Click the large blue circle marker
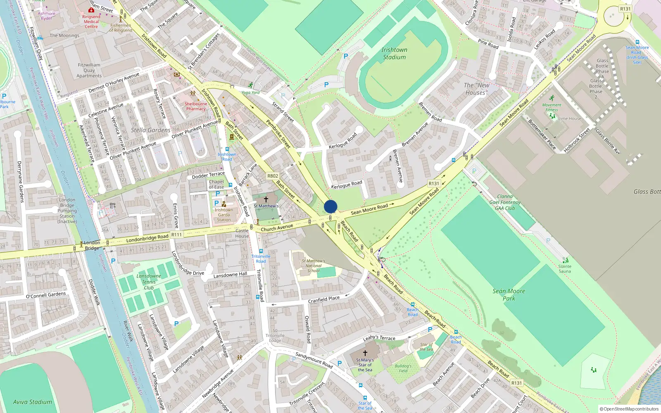[x=330, y=206]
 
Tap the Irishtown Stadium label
[x=394, y=53]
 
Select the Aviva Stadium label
[x=33, y=402]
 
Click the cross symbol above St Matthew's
[x=266, y=199]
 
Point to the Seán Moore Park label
[x=509, y=294]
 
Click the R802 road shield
[x=273, y=176]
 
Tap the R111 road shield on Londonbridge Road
[x=176, y=235]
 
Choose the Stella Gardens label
[x=150, y=130]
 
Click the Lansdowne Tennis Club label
[x=149, y=282]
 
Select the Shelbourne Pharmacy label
[x=196, y=106]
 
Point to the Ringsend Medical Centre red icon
[x=91, y=10]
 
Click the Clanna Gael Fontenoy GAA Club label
[x=505, y=202]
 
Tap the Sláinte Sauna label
[x=565, y=269]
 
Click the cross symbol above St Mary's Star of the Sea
[x=365, y=353]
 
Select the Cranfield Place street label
[x=324, y=299]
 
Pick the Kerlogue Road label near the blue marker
[x=347, y=185]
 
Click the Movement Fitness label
[x=552, y=107]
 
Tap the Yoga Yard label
[x=250, y=93]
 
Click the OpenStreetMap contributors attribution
[x=629, y=409]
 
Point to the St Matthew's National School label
[x=313, y=266]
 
